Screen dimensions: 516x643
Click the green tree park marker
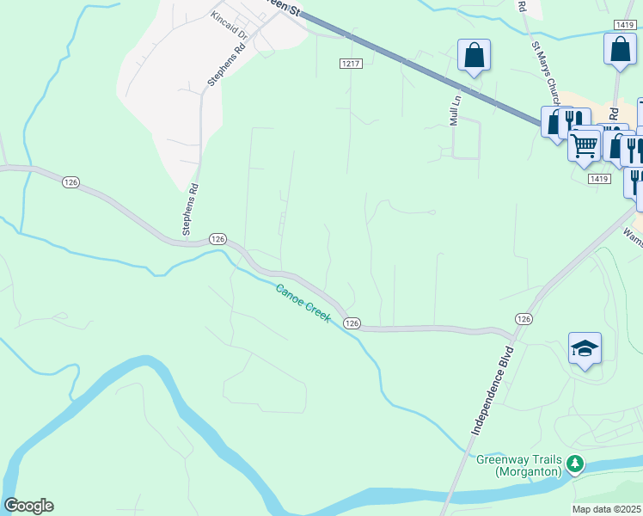(573, 464)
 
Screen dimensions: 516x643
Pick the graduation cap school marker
(585, 349)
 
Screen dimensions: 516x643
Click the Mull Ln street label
(456, 110)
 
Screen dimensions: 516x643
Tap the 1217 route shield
(350, 64)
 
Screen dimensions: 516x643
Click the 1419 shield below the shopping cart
(599, 179)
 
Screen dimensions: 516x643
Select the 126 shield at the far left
(70, 181)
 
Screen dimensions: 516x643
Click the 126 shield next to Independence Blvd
(524, 318)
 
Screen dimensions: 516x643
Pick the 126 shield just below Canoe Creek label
(352, 322)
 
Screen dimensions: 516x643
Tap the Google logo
(28, 506)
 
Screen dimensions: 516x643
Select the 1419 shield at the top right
(625, 26)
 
